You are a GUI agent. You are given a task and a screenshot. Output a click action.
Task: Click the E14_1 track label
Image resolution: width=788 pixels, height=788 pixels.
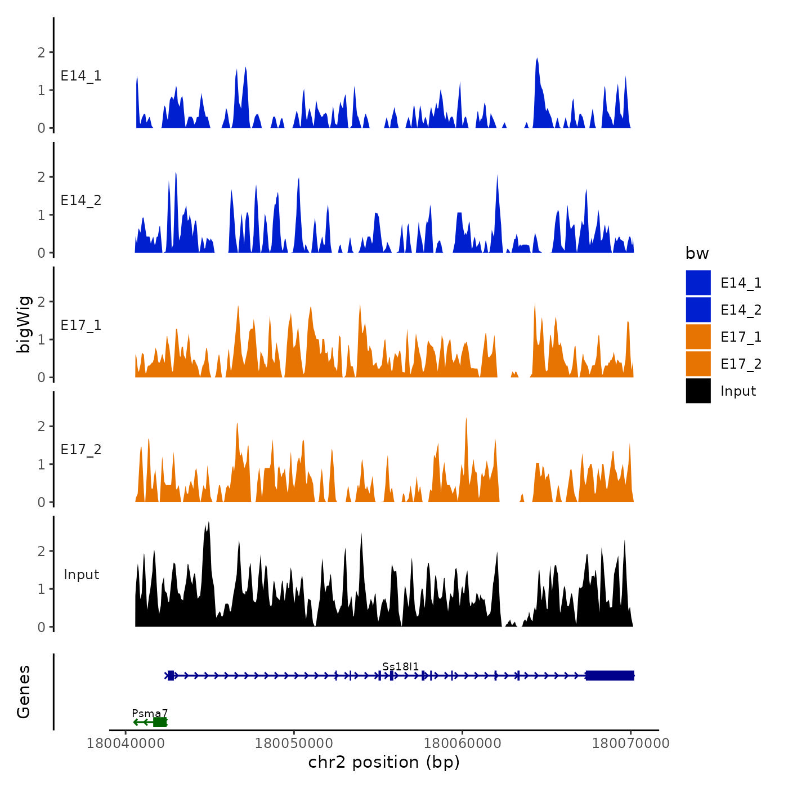point(81,76)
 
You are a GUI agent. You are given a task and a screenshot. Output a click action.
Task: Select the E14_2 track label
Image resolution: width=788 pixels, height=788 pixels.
point(81,200)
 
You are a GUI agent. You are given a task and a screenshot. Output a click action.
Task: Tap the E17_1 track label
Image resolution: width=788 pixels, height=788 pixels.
point(81,325)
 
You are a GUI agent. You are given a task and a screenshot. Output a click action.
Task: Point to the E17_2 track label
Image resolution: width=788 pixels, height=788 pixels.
point(81,450)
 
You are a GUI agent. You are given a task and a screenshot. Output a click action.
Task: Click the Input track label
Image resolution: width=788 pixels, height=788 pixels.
point(81,575)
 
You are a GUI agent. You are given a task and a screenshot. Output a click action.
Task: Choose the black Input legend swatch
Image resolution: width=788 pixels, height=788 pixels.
point(698,391)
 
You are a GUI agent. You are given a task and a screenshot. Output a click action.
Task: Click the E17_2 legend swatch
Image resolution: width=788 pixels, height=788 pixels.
point(698,364)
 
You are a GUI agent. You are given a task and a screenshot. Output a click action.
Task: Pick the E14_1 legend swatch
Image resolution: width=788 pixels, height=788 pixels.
point(698,283)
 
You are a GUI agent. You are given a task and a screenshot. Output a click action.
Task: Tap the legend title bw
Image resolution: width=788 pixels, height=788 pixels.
point(697,254)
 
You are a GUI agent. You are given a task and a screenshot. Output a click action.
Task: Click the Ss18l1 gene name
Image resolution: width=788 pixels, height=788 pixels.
point(400,667)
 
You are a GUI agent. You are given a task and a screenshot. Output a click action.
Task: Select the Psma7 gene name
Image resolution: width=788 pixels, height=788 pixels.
point(150,714)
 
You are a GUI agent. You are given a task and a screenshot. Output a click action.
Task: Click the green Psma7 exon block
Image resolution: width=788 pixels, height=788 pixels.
point(160,722)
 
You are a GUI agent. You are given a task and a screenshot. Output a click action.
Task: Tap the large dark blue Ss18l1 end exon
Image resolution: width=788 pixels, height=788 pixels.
point(610,675)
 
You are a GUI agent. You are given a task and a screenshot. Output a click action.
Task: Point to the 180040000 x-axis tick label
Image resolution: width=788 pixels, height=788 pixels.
point(125,744)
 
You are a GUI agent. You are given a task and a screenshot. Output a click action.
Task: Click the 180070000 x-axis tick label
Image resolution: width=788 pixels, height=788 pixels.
point(630,744)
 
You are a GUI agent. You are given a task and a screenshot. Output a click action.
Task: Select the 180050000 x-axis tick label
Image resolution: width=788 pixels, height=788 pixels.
point(293,744)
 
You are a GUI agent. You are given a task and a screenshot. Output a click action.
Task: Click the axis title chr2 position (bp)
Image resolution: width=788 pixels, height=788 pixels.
point(384,763)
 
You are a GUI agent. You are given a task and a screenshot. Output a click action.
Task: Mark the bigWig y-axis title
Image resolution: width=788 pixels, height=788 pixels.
point(24,325)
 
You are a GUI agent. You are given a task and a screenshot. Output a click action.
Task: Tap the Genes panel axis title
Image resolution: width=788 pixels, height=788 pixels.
point(24,692)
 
